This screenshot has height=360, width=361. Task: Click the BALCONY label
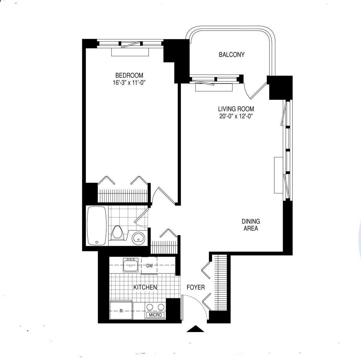tap(232, 55)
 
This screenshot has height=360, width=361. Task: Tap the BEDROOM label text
tap(129, 75)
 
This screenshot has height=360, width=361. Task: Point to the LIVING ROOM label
tap(236, 109)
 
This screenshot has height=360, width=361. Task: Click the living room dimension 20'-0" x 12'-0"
tap(236, 116)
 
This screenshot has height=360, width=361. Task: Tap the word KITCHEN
tap(145, 288)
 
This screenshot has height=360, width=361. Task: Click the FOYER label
tap(196, 288)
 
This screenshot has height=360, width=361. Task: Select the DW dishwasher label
tap(150, 266)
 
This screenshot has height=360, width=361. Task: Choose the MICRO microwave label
tap(155, 315)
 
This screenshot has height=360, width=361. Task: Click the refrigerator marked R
tap(121, 311)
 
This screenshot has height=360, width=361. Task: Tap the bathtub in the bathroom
tap(96, 226)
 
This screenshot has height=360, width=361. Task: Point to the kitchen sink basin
tap(131, 266)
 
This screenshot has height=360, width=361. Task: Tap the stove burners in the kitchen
tap(155, 307)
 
